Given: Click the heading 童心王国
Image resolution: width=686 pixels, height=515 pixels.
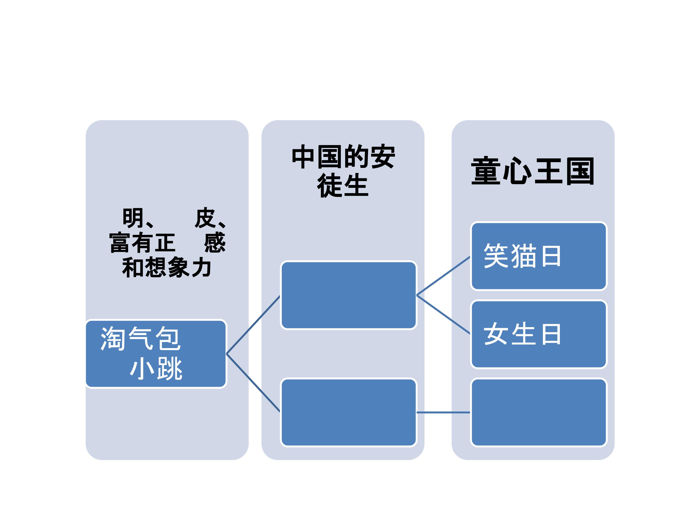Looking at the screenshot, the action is (x=532, y=171).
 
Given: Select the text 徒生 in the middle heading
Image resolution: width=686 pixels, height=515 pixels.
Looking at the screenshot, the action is (x=343, y=185).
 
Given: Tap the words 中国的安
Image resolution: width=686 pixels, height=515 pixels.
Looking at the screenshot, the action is (x=343, y=157).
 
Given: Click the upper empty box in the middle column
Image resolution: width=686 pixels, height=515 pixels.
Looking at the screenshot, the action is (x=348, y=295).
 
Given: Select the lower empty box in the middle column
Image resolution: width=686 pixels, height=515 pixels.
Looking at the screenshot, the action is (x=348, y=412).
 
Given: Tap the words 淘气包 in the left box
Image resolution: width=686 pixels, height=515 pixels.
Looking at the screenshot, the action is (x=141, y=339).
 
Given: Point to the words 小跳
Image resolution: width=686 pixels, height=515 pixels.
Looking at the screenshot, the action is (x=156, y=368).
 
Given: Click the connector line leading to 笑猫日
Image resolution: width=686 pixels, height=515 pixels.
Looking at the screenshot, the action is (x=444, y=276).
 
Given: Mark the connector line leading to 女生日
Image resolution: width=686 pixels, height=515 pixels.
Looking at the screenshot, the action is (x=444, y=314).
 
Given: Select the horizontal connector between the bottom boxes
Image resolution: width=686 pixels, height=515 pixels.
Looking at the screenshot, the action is (x=444, y=412).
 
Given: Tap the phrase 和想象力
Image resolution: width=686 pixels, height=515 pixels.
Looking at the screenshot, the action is (x=166, y=267).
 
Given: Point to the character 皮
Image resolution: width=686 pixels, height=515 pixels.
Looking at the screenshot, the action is (x=205, y=218).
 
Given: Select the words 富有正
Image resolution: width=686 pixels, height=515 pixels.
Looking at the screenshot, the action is (x=142, y=242).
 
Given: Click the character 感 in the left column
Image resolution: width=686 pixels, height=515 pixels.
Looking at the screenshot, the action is (x=215, y=242).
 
